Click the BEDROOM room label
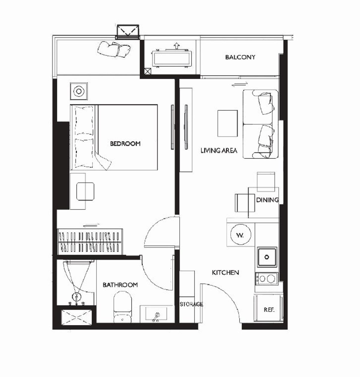click(125, 143)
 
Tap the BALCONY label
click(240, 57)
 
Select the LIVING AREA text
click(219, 150)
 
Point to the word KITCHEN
click(225, 273)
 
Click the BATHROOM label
click(120, 285)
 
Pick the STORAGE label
click(191, 304)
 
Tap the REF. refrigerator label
click(269, 310)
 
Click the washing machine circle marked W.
click(241, 235)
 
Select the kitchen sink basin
click(267, 257)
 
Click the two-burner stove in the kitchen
click(267, 279)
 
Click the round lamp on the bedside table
click(79, 91)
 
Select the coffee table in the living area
click(227, 123)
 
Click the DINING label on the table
click(267, 200)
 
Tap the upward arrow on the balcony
click(176, 46)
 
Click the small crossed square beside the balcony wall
click(148, 71)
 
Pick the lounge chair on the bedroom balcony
click(114, 49)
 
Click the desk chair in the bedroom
click(85, 191)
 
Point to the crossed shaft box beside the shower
click(77, 317)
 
